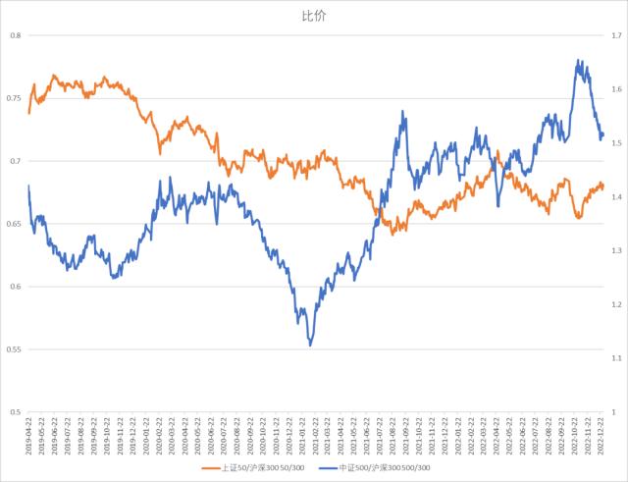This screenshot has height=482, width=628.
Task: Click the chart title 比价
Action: tap(313, 16)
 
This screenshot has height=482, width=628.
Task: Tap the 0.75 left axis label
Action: tap(13, 99)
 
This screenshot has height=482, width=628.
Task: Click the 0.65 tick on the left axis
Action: tap(13, 225)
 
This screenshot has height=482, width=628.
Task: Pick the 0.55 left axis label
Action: tap(13, 349)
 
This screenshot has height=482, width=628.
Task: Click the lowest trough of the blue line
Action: tap(310, 346)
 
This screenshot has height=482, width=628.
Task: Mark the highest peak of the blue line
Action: tap(577, 60)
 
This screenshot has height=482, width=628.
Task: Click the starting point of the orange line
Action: tap(29, 114)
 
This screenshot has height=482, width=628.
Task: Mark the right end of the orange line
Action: tap(603, 186)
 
